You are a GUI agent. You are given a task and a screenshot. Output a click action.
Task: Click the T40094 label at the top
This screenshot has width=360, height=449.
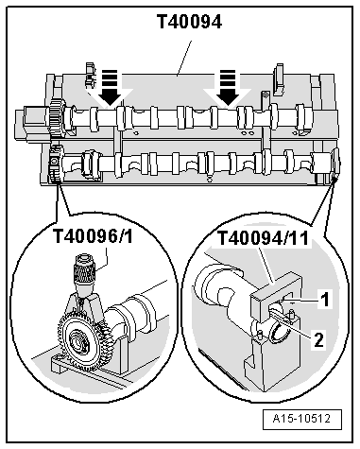189,22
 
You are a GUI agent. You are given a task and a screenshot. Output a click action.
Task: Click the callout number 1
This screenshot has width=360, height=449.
324,299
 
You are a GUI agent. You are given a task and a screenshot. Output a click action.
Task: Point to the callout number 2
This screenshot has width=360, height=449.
318,340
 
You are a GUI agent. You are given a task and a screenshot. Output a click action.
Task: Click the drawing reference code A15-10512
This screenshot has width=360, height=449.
301,419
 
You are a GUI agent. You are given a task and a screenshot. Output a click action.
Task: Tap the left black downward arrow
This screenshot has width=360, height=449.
110,87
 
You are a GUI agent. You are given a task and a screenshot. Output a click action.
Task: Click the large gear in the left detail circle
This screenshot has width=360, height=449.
78,340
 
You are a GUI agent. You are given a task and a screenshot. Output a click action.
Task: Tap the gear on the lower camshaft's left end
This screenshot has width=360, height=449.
56,164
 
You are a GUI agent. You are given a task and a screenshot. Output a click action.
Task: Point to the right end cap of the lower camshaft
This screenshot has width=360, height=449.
335,163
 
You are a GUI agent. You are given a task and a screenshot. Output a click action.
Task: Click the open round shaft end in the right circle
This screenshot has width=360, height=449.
279,335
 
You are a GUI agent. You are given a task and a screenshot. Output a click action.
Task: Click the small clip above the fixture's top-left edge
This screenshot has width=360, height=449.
90,75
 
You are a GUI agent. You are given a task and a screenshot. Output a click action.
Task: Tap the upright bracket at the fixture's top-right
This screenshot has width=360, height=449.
279,79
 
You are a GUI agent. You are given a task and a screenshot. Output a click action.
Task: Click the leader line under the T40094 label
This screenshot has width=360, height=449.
183,59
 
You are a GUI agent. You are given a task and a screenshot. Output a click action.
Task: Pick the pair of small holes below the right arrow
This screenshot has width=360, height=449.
248,134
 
